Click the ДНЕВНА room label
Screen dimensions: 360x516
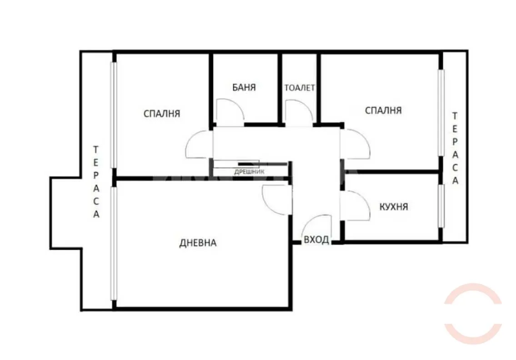(x=198, y=243)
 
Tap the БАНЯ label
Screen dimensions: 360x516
(x=244, y=87)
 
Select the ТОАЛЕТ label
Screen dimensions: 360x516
(x=300, y=88)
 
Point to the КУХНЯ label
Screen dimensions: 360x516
(x=394, y=207)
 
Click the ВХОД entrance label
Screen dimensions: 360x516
(x=316, y=240)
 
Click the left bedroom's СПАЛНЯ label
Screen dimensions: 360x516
(x=162, y=113)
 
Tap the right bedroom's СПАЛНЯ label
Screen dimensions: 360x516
(x=383, y=110)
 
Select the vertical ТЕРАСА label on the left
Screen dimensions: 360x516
(x=96, y=182)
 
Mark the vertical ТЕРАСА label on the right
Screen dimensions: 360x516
(x=454, y=148)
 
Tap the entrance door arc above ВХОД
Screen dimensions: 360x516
(x=317, y=226)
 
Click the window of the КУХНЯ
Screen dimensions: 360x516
(x=441, y=205)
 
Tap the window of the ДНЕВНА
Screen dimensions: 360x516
(x=114, y=243)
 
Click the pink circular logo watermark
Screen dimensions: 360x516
(x=473, y=314)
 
